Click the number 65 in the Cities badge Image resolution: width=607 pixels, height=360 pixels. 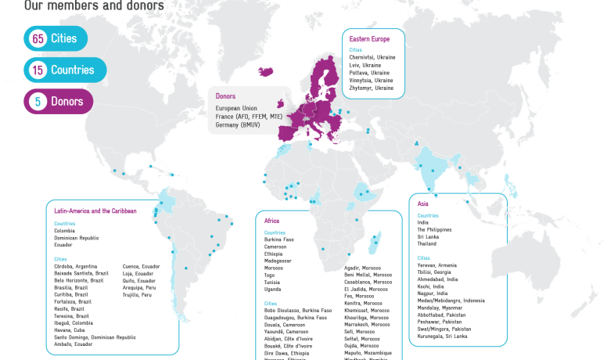pos(37,38)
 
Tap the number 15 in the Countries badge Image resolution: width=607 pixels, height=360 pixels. pos(37,70)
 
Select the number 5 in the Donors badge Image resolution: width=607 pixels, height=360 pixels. pos(37,101)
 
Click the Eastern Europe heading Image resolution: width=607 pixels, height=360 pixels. pos(370,38)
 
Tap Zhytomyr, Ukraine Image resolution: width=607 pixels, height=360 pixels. pos(372,88)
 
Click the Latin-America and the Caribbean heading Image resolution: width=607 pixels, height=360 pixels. pos(95,211)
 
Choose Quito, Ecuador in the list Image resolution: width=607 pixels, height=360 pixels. pos(140,280)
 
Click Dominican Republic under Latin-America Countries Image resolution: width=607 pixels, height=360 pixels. pos(77,238)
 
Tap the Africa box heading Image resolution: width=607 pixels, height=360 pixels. pos(272,221)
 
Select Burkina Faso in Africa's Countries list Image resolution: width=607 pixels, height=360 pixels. pos(279,239)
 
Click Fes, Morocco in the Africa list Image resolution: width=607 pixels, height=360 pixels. pos(359,296)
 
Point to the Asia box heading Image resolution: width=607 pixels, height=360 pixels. pos(423,204)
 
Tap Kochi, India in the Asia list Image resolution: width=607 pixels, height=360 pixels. pos(433,286)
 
